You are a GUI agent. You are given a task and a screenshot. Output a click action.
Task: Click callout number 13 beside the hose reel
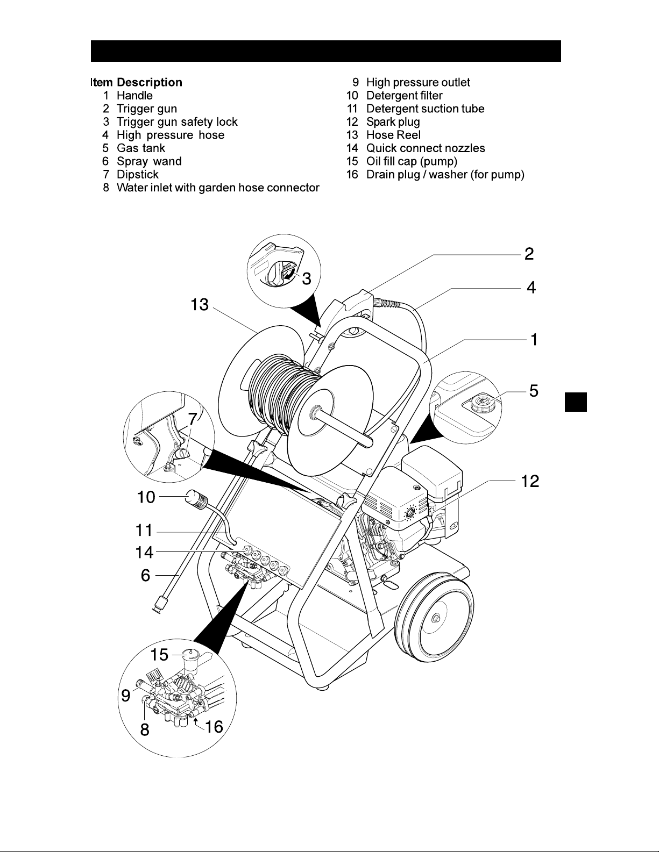tap(200, 305)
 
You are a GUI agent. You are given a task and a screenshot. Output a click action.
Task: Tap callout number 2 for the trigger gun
tap(529, 254)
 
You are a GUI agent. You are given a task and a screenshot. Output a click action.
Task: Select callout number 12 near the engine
tap(530, 481)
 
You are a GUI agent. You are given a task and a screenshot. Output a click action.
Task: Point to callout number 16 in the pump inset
tap(214, 727)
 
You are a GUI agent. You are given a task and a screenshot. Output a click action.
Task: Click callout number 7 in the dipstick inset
tap(192, 419)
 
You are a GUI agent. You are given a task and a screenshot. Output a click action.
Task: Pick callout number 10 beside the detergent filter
tap(146, 497)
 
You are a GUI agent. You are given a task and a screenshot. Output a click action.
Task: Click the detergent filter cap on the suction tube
tap(198, 499)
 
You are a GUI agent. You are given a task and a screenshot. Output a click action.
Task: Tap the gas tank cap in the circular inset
tap(481, 403)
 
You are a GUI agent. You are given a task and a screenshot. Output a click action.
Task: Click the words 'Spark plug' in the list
tap(393, 122)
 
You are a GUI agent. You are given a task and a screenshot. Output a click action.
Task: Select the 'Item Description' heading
tap(137, 82)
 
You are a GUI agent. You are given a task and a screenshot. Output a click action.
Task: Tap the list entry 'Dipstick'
tap(138, 175)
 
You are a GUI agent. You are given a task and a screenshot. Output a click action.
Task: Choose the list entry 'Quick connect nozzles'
tap(426, 148)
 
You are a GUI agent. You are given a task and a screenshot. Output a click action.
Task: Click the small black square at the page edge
tap(576, 402)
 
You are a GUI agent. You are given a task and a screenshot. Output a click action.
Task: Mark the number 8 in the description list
tap(106, 188)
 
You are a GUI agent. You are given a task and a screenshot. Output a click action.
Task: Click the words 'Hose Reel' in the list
tap(393, 135)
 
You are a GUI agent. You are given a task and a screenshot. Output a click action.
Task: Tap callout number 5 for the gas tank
tap(534, 391)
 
